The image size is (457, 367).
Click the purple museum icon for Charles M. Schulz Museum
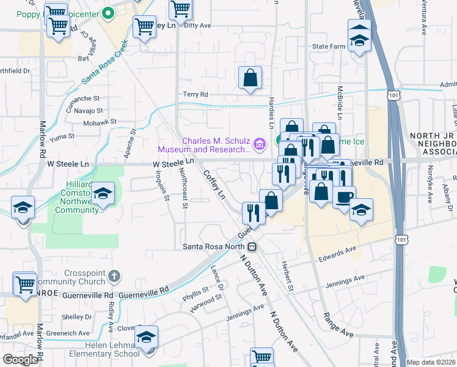(259, 144)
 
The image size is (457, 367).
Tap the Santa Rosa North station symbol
(252, 247)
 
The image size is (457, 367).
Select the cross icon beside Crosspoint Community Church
(114, 276)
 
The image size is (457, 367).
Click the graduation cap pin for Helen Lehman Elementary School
(147, 338)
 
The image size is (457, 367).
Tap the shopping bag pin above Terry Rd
(250, 78)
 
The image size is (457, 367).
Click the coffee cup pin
(344, 197)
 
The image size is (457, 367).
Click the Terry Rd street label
(196, 94)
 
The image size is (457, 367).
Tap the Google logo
(20, 359)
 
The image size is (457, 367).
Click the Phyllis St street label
(196, 291)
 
